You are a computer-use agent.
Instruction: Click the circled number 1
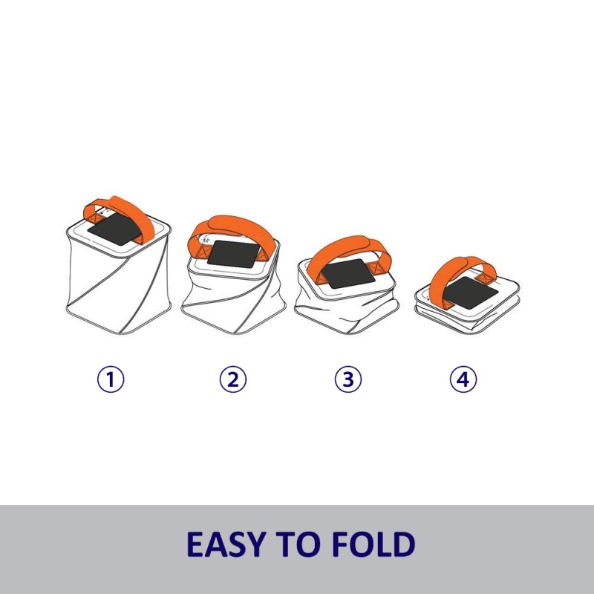[x=111, y=380]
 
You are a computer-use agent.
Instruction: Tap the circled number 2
[x=232, y=380]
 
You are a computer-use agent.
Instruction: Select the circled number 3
[x=347, y=380]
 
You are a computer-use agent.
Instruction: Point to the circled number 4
[x=463, y=380]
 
